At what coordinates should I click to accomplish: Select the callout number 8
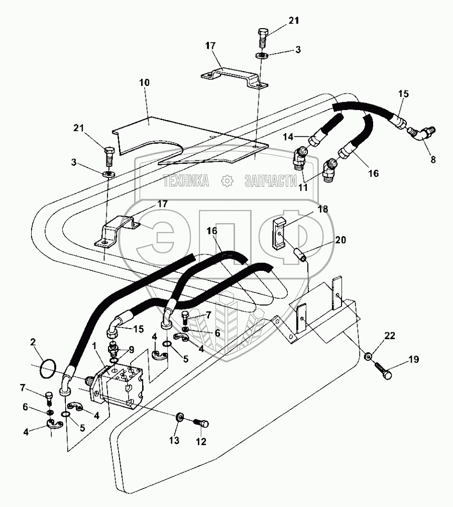tap(432, 160)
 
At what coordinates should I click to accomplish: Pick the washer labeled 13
tap(179, 418)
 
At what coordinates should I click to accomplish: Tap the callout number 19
tap(413, 359)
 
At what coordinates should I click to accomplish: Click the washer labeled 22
tap(369, 356)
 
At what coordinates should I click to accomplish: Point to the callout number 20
tap(341, 240)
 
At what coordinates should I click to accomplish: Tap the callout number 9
tap(131, 350)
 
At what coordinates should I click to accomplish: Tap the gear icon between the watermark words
tap(227, 180)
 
